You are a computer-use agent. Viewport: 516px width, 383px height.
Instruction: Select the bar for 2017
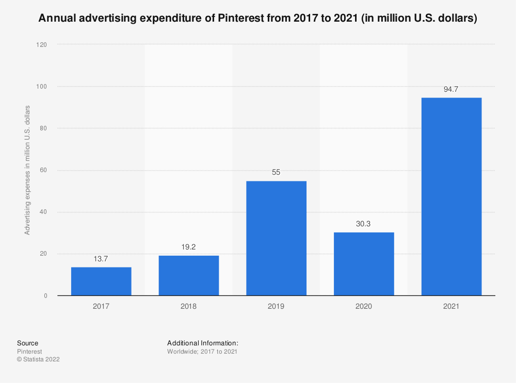[101, 281]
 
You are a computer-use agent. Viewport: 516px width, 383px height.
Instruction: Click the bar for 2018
[188, 276]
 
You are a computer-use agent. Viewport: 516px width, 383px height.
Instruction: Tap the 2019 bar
[276, 238]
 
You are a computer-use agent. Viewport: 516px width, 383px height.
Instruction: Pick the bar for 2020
[364, 264]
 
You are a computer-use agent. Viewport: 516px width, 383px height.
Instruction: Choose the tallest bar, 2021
[451, 196]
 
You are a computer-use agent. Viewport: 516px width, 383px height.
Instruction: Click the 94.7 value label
[451, 89]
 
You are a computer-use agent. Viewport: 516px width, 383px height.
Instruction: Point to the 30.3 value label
[364, 224]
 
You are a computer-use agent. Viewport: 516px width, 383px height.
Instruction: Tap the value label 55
[276, 173]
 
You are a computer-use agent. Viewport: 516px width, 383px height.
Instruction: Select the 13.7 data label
[101, 259]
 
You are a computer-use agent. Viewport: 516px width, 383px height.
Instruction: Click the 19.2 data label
[188, 247]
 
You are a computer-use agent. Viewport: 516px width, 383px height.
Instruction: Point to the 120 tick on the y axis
[42, 45]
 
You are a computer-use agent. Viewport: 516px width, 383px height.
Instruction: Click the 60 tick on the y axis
[43, 170]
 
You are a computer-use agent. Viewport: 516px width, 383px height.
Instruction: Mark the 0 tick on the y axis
[45, 296]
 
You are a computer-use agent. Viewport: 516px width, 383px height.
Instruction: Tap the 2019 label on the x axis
[276, 306]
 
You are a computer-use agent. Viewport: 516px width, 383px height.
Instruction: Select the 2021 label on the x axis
[451, 306]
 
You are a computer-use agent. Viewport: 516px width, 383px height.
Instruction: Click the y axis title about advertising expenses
[27, 170]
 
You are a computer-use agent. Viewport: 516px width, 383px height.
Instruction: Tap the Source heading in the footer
[27, 343]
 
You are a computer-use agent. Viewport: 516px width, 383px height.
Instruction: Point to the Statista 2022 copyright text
[38, 359]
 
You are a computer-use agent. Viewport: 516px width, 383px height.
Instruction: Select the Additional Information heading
[202, 343]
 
